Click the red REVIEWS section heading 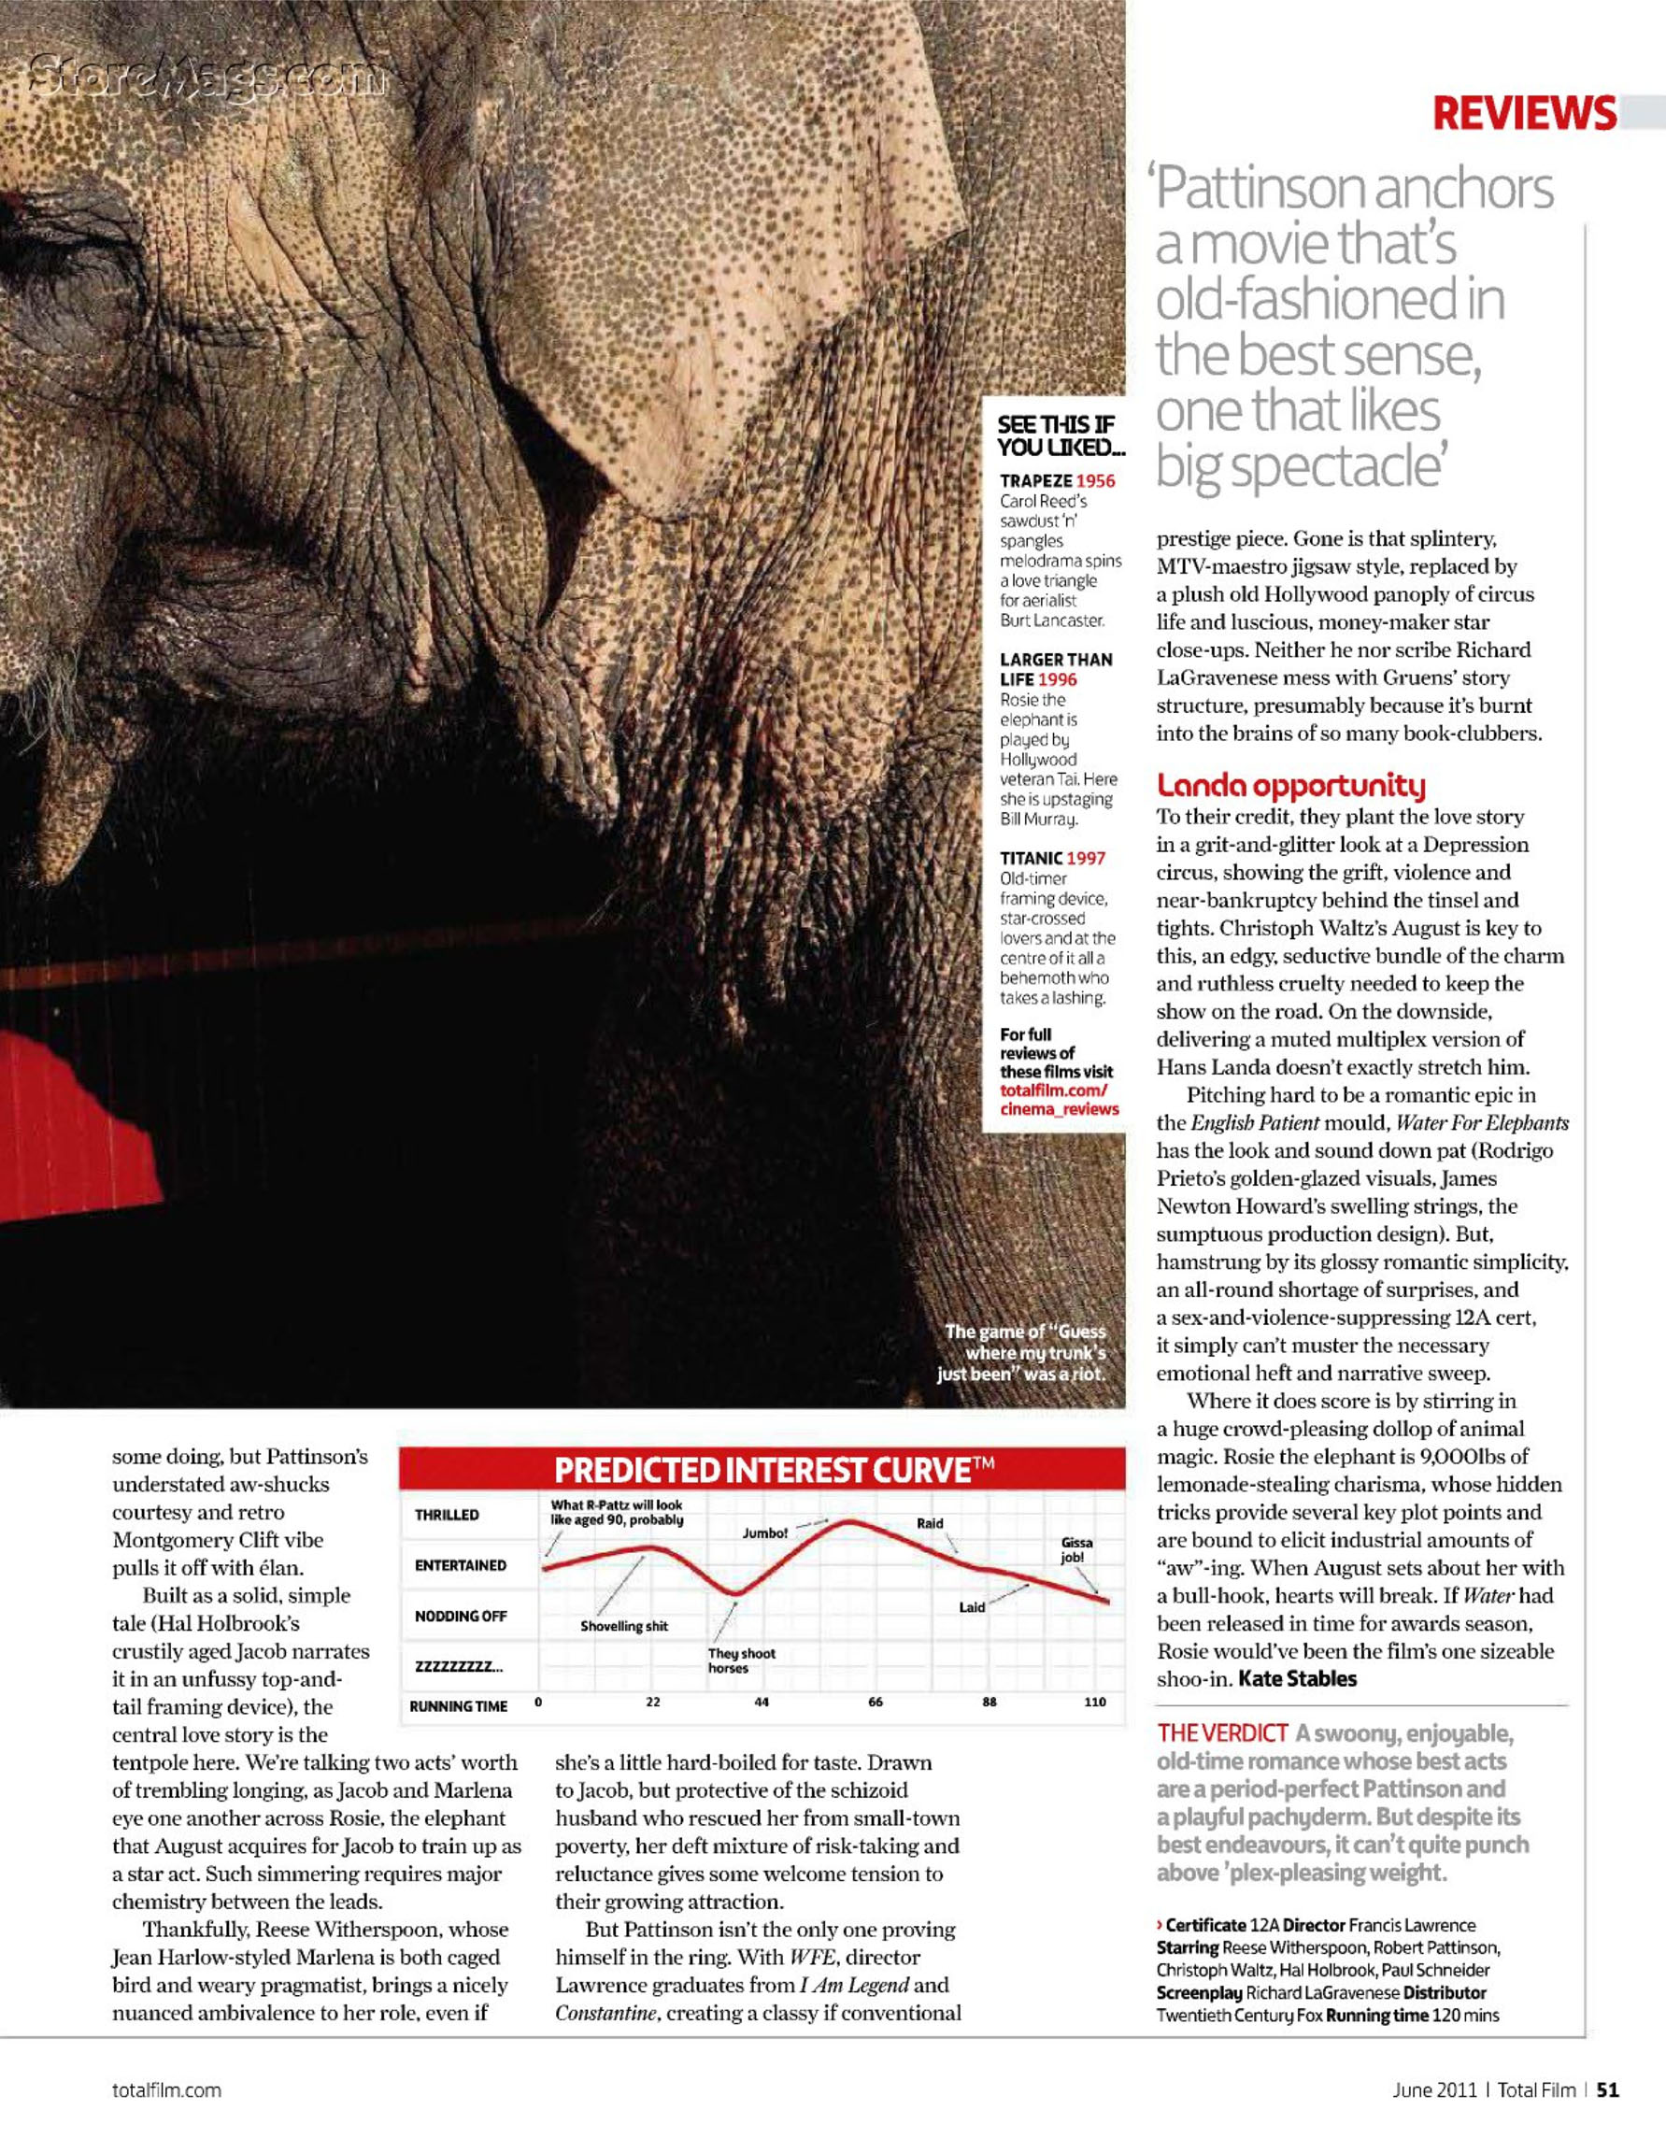point(1523,114)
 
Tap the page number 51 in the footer point(1608,2090)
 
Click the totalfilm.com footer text point(166,2090)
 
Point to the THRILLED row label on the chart point(447,1515)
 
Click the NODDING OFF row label point(460,1616)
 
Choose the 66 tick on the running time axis point(876,1703)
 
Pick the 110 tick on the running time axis point(1094,1703)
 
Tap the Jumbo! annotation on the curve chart point(764,1533)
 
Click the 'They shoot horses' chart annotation point(741,1661)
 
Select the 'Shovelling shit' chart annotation point(623,1626)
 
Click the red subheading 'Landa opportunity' point(1290,785)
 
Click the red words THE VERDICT point(1221,1733)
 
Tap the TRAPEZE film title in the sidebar point(1034,480)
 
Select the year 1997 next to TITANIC point(1086,859)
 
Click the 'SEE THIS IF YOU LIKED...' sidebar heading point(1061,436)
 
